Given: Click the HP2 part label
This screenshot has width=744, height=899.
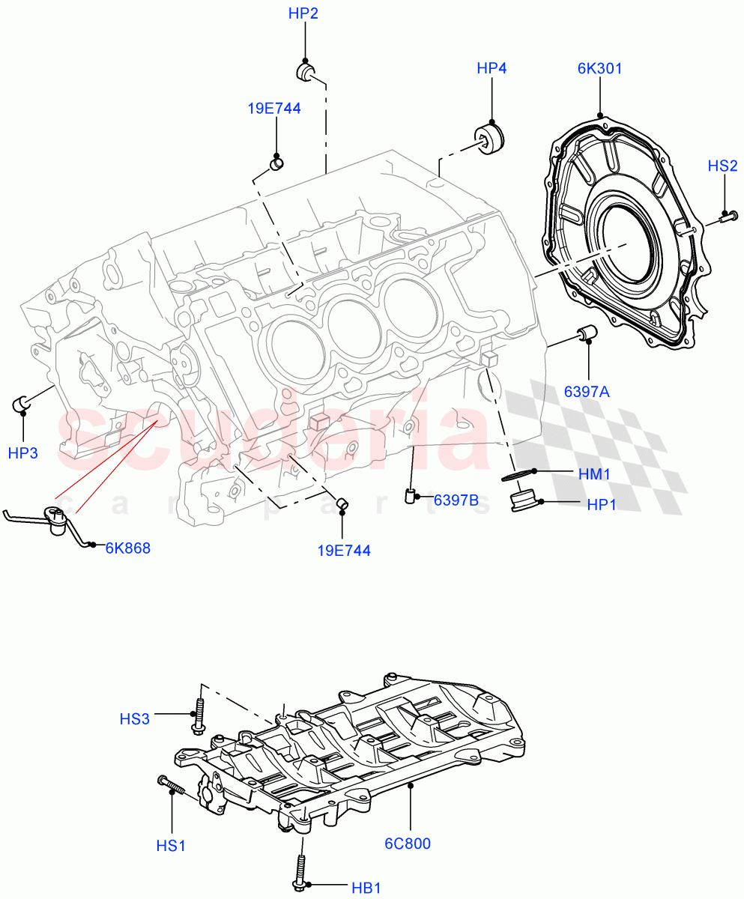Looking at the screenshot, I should coord(303,13).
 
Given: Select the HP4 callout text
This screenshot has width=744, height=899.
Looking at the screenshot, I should coord(492,68).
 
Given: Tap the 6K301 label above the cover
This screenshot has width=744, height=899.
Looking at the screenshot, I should coord(599,68).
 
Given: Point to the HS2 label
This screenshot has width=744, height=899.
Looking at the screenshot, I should coord(723,166).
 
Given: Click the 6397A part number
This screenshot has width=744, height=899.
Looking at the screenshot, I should coord(588,390).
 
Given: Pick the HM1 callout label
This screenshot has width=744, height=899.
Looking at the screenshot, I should coord(594,473).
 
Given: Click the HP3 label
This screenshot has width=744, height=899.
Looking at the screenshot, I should coord(22,452).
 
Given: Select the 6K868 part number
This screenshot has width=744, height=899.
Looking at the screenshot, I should coord(127,548).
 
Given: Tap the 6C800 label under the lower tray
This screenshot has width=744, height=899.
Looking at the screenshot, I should coord(408,843).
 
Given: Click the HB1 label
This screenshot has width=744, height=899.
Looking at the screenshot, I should coord(366,888).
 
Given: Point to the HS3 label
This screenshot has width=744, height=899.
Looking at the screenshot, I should coord(135,719).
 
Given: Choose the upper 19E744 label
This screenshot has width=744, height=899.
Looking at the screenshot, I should coord(274,109).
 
